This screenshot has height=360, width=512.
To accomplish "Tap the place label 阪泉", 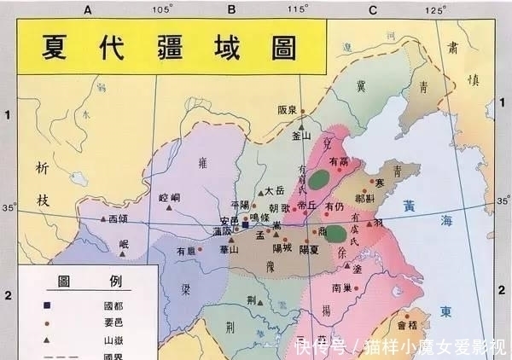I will coord(288,110).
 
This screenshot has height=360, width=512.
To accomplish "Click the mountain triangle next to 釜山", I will coord(300,125).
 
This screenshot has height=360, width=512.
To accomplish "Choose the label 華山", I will coord(228,250).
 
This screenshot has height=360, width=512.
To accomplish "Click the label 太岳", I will coord(273,191).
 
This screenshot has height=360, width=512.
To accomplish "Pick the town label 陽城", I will coord(282,248).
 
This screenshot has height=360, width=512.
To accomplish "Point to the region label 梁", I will coord(185,288).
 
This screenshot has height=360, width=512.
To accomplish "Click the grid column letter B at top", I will coord(231,9).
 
